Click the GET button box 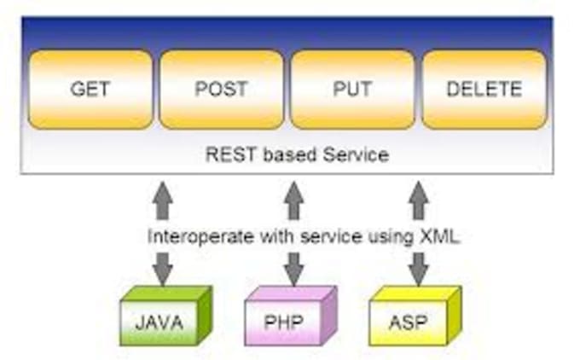(90, 90)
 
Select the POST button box (222, 90)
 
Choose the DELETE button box (484, 90)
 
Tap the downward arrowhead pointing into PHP (293, 274)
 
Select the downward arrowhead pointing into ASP (418, 274)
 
